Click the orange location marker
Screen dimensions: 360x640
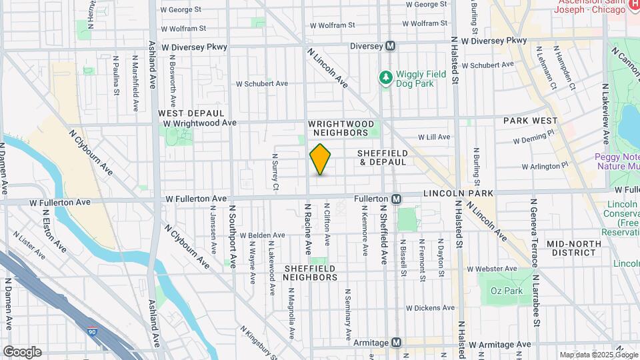(321, 159)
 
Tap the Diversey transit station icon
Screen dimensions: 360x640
(391, 46)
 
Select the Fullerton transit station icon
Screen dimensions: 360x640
(396, 199)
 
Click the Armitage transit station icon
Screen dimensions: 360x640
(397, 342)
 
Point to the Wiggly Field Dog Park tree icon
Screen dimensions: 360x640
(385, 79)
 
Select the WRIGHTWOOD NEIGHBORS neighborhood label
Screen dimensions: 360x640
(338, 128)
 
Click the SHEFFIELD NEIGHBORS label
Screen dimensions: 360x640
(309, 273)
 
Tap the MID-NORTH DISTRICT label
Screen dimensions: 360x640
(572, 248)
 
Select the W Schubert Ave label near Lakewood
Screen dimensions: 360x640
(262, 84)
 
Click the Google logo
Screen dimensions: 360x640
(21, 351)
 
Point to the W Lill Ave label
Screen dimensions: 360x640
(434, 137)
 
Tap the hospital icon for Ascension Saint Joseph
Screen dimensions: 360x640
(633, 5)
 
